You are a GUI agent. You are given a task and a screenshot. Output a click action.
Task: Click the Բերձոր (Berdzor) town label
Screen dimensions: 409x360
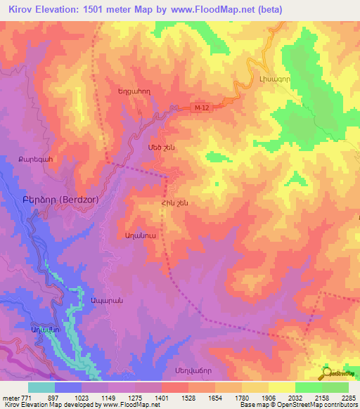[x=53, y=199]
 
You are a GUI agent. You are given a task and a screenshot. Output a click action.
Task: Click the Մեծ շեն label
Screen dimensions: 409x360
[x=160, y=148]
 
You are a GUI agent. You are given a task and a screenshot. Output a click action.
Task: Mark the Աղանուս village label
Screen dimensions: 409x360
[x=139, y=234]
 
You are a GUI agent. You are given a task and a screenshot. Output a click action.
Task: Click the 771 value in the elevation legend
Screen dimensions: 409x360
[x=26, y=397]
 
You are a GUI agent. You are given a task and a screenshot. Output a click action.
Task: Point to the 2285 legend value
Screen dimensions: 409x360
[x=349, y=397]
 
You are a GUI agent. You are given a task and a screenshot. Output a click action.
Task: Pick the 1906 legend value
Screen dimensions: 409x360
[x=269, y=397]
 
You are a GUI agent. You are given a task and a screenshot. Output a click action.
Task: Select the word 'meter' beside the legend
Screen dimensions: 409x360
[x=10, y=397]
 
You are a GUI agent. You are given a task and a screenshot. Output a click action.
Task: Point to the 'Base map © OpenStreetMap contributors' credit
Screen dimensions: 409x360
[x=298, y=405]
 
